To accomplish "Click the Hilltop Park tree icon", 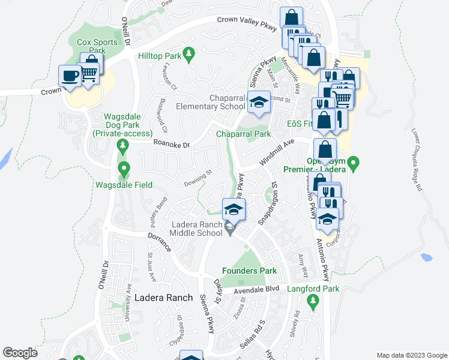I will pos(189,55).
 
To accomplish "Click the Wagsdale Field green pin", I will pos(124,169).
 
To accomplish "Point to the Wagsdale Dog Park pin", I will pos(123,145).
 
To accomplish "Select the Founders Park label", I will pos(249,271).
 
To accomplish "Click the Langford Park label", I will pos(313,289).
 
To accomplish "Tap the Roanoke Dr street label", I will pos(171,145).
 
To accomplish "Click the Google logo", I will pos(20,353).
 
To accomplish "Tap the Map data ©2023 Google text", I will pos(411,355).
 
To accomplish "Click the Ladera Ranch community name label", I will pos(163,298).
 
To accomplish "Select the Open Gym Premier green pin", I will pos(354,162).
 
